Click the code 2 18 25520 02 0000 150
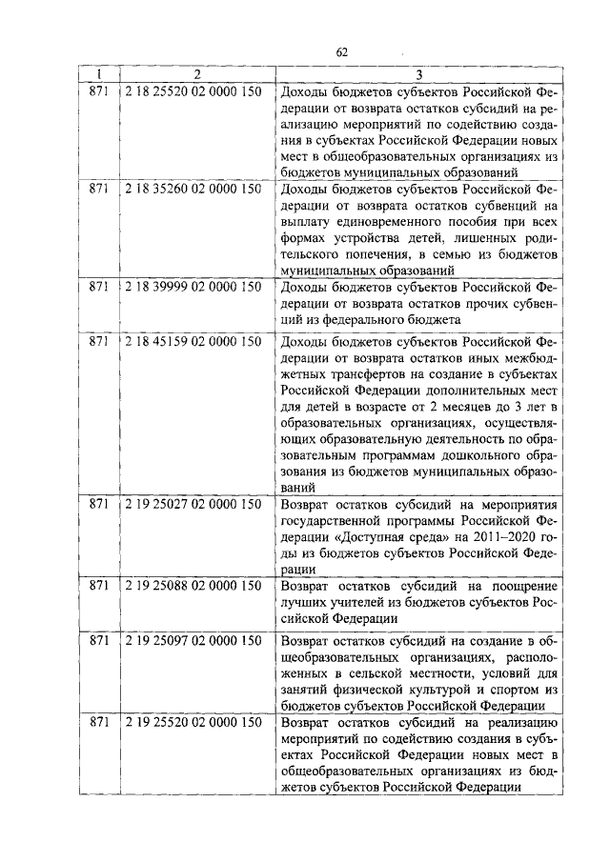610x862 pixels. pos(193,92)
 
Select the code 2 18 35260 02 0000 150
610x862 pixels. pos(193,190)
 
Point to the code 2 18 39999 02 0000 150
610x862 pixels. pos(193,287)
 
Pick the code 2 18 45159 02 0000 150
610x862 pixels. pos(193,340)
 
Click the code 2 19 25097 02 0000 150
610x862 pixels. pos(193,639)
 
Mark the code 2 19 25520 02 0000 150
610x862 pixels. pos(193,722)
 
